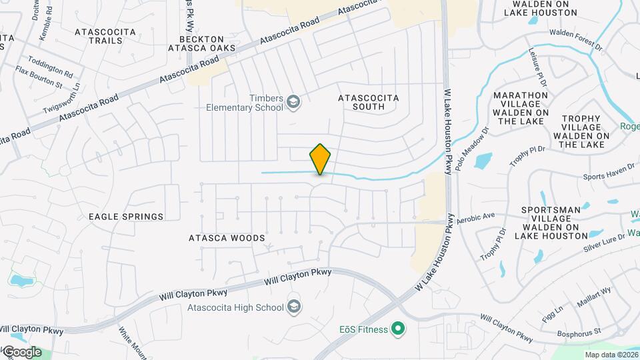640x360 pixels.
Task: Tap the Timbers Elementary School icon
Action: (x=293, y=103)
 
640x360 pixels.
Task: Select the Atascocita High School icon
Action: (x=293, y=307)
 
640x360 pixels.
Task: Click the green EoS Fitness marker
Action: (x=398, y=328)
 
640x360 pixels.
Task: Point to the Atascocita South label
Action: (x=369, y=102)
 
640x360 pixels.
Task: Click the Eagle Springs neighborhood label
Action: (x=126, y=217)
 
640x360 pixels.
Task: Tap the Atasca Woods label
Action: (x=227, y=238)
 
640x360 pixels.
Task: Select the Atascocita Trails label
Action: (x=105, y=36)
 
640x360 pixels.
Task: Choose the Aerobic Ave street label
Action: (x=475, y=217)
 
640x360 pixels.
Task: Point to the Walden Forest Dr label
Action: (x=575, y=40)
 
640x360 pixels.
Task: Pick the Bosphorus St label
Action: (x=579, y=331)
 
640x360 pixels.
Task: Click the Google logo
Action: (x=21, y=352)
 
